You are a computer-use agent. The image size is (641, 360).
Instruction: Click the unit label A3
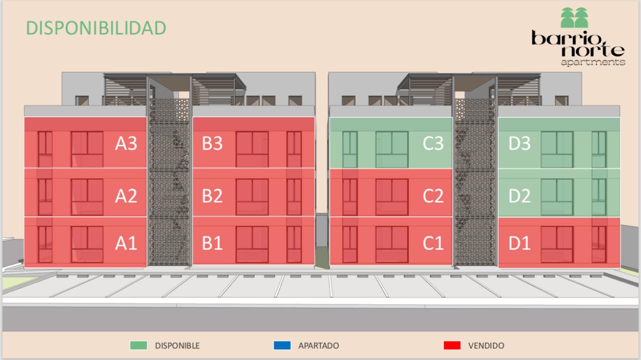[x=126, y=144]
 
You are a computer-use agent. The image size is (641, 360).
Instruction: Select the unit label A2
[x=126, y=196]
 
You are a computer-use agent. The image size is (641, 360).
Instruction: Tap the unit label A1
[x=126, y=243]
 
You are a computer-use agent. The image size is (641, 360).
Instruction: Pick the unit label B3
[x=212, y=144]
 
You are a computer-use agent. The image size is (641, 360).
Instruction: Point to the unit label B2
[x=212, y=196]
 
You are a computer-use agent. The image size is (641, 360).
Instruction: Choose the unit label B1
[x=212, y=243]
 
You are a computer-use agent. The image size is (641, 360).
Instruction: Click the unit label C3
[x=433, y=144]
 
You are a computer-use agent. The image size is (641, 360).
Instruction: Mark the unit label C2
[x=433, y=196]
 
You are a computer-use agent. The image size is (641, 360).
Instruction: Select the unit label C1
[x=433, y=243]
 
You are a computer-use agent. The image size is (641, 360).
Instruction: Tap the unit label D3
[x=519, y=144]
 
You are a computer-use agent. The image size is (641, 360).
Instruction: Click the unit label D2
[x=519, y=196]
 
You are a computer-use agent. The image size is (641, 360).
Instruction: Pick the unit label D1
[x=519, y=243]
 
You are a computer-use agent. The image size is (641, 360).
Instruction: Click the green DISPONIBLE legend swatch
[x=138, y=345]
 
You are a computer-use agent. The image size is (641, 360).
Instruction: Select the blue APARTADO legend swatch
[x=282, y=345]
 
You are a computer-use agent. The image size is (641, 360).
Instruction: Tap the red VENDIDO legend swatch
[x=452, y=345]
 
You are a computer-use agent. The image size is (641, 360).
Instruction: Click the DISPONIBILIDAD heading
[x=96, y=28]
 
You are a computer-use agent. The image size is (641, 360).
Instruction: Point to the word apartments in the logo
[x=593, y=63]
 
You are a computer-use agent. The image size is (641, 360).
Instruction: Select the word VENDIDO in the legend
[x=486, y=345]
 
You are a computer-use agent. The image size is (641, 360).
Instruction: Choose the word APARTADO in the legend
[x=318, y=345]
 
